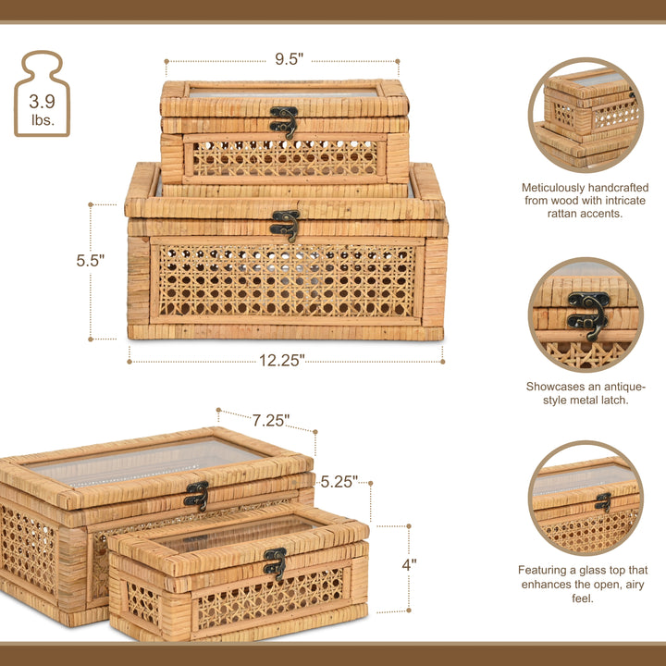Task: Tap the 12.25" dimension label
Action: tap(281, 361)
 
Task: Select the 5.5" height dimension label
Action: tap(91, 261)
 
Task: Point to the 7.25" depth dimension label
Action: tap(271, 421)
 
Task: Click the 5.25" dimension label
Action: tap(339, 482)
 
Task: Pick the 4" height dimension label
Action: tap(408, 563)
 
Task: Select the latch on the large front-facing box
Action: tap(286, 225)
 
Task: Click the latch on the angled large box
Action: tap(196, 495)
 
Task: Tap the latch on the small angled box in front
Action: tap(275, 563)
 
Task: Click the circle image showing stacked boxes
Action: tap(586, 115)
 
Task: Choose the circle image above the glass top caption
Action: tap(586, 499)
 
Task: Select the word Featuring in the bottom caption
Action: tap(548, 571)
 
